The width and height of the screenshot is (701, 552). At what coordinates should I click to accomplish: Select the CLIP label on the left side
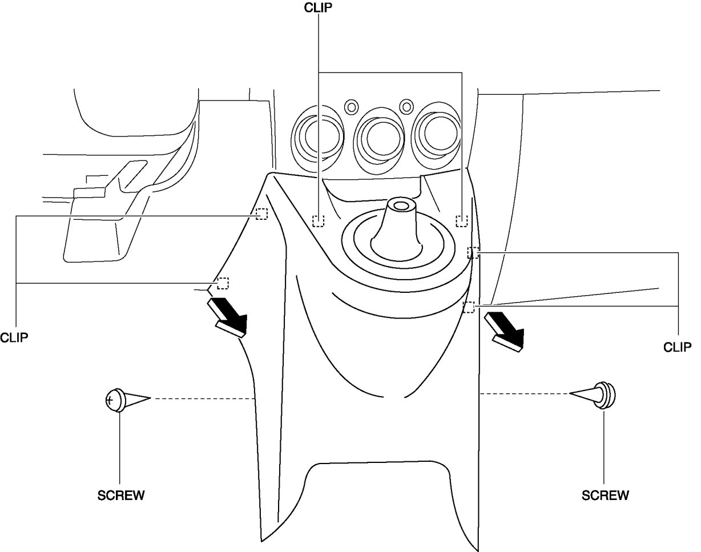tap(14, 337)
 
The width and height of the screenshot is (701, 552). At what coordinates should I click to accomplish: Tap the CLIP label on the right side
tap(678, 346)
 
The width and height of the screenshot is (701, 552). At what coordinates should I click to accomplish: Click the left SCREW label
tap(120, 495)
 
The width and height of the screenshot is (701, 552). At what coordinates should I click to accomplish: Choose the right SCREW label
tap(605, 495)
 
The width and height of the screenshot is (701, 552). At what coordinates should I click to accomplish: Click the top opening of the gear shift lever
tap(400, 205)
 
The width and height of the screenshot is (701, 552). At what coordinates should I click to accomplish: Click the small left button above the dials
tap(351, 106)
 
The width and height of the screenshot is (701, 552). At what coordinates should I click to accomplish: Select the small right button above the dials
tap(406, 106)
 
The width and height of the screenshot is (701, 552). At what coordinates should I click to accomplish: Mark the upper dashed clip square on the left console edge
tap(261, 214)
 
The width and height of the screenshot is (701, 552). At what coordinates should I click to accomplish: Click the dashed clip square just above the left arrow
tap(223, 283)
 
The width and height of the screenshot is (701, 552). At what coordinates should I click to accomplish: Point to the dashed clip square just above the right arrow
tap(469, 307)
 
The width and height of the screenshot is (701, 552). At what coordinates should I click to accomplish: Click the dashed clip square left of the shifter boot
tap(318, 220)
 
